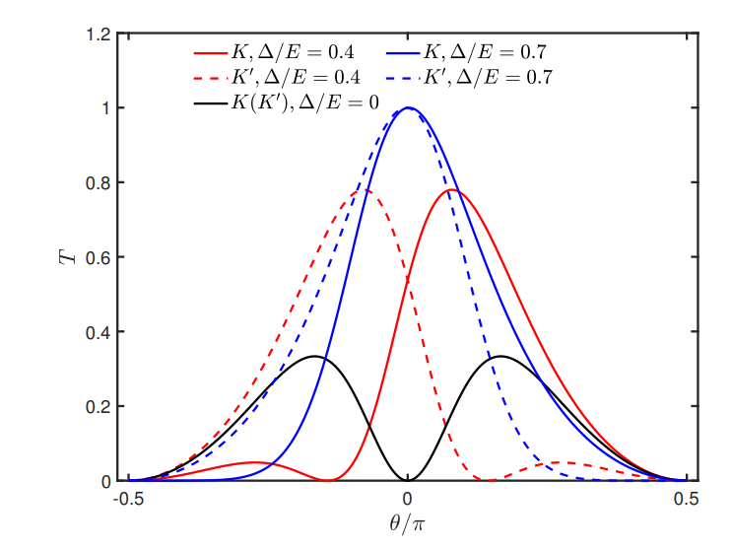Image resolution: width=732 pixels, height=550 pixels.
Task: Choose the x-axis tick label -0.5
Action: pos(127,500)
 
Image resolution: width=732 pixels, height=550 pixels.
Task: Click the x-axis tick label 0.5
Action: pos(687,500)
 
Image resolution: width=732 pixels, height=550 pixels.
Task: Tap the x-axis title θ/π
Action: pos(407,524)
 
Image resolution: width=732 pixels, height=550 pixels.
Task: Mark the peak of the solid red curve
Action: pos(453,190)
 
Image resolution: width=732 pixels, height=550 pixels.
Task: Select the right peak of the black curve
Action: pos(500,356)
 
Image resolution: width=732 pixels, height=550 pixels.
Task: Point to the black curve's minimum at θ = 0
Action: pos(407,480)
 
